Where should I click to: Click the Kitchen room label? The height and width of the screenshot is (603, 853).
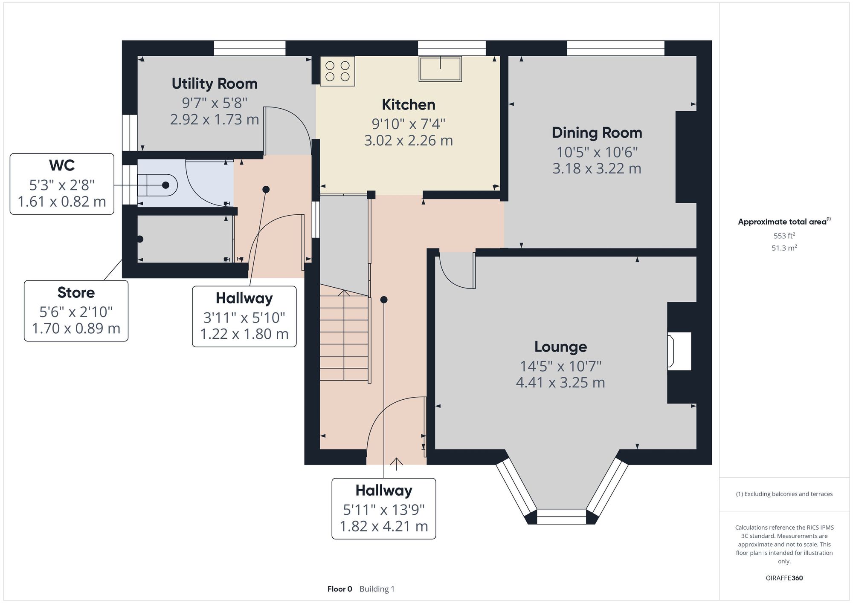409,105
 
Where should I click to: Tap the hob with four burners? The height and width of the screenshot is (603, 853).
337,71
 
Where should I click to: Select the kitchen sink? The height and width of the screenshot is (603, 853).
440,69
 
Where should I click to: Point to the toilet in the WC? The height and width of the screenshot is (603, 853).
157,185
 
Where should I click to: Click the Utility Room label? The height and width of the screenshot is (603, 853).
215,84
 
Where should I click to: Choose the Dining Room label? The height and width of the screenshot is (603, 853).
597,133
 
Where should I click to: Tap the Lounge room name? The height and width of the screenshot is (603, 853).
560,347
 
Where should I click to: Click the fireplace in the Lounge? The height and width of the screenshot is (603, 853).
679,351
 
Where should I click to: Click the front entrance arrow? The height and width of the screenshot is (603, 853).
397,464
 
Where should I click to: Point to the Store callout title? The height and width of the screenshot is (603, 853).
76,293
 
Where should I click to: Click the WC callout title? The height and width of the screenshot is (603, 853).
62,165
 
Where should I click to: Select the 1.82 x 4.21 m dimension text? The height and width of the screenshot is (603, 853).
383,526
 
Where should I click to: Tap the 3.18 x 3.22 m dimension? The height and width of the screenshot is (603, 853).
597,169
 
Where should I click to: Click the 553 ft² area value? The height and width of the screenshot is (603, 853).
784,236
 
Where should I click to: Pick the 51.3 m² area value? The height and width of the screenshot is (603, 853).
784,248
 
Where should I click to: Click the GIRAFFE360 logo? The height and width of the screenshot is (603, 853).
784,578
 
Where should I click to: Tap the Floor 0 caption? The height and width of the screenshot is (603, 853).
340,589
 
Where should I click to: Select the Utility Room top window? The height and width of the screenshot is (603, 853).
250,48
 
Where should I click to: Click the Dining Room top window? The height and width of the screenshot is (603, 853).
615,48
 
